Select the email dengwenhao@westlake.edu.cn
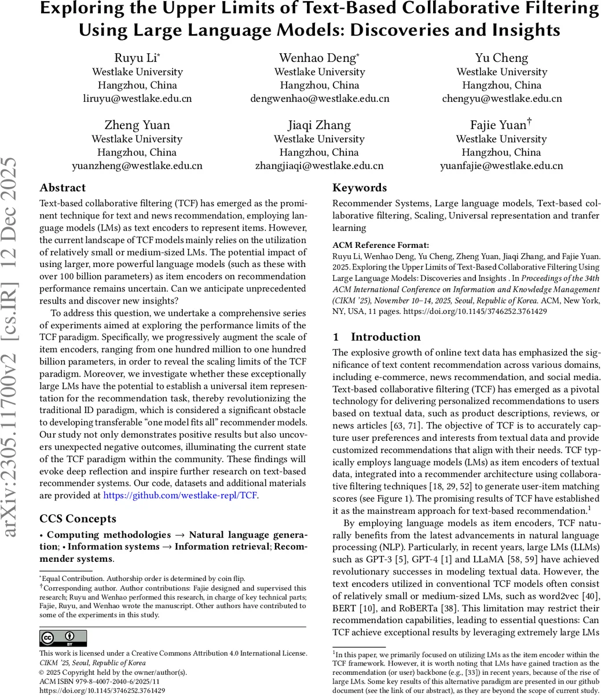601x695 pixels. tap(320, 98)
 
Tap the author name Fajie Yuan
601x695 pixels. tap(499, 125)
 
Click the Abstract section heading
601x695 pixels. tap(63, 188)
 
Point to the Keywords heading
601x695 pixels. tap(360, 188)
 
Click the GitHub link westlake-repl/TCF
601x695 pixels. tap(181, 495)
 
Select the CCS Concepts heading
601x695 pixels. tap(78, 518)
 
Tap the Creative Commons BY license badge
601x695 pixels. tap(63, 638)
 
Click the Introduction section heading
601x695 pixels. tap(386, 337)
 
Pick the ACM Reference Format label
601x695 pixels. tap(380, 245)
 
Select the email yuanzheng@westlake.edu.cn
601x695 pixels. tap(137, 166)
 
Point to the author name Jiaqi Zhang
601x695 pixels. tap(319, 125)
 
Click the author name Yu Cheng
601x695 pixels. tap(501, 58)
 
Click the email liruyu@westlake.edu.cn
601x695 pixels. tap(137, 98)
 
